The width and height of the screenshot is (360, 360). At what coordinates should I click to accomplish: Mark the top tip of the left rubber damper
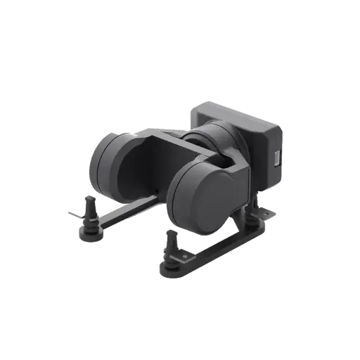coord(90,200)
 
